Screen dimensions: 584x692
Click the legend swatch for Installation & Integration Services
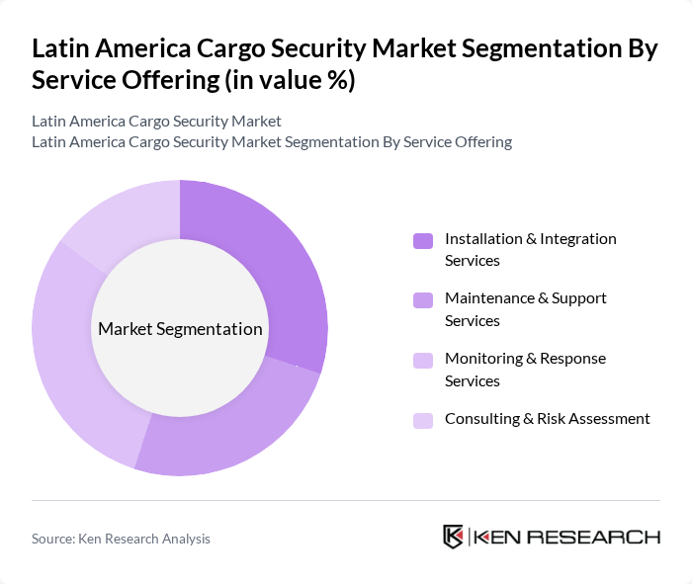(x=423, y=240)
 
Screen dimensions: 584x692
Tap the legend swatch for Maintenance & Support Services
(x=423, y=299)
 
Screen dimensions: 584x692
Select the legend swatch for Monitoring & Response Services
(x=423, y=360)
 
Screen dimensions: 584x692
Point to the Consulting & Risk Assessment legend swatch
(x=423, y=420)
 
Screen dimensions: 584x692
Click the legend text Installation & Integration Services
(x=530, y=250)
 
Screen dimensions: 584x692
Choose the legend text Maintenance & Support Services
(x=525, y=309)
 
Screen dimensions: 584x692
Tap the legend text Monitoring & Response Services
(x=525, y=370)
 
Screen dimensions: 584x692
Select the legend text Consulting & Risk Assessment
(x=547, y=419)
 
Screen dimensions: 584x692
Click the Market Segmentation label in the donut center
(x=179, y=329)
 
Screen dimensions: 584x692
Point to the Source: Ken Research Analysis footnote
(x=121, y=539)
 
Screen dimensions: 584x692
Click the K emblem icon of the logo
(x=453, y=537)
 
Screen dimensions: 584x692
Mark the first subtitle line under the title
(x=156, y=121)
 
